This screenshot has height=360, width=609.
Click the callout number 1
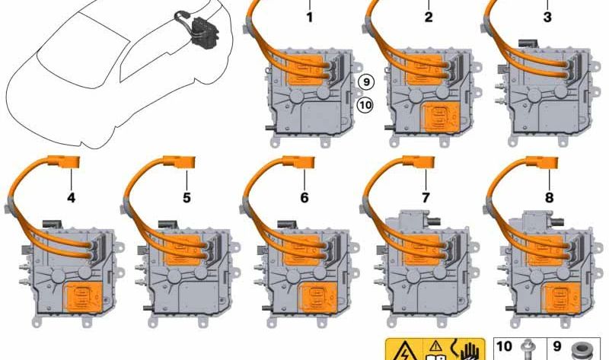309,17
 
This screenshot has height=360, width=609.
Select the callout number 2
429,17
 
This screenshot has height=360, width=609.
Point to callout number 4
71,198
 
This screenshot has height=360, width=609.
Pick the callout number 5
187,198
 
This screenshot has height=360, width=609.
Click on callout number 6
304,198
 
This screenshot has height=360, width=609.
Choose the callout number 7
426,198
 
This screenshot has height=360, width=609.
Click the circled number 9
365,82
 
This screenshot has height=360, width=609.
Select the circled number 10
365,105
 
